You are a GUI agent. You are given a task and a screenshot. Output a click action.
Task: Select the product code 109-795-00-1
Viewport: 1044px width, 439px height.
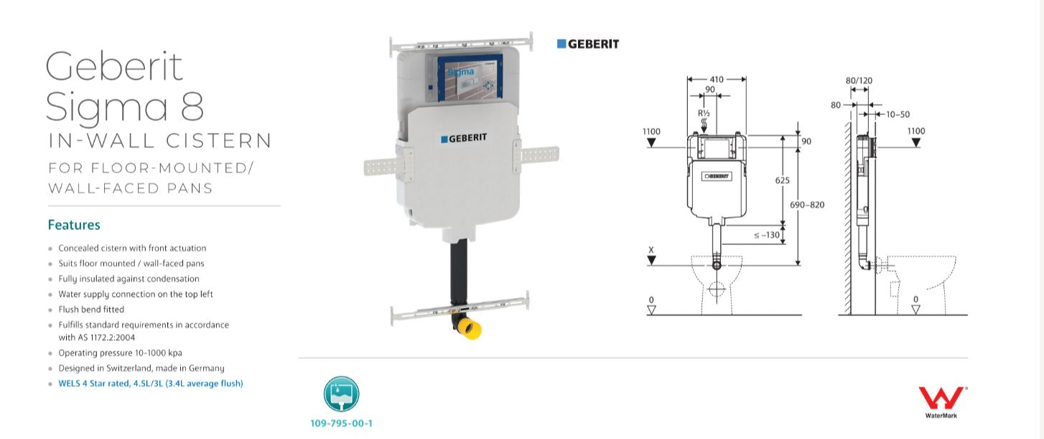coord(341,423)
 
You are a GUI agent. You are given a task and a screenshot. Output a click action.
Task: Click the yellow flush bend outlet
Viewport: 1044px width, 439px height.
coord(470,331)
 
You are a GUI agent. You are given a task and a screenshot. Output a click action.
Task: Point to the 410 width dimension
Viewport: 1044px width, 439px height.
coord(716,80)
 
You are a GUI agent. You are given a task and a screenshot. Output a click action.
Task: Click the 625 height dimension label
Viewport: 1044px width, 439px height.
coord(782,181)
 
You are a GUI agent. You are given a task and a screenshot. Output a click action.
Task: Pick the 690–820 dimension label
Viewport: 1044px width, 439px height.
coord(807,205)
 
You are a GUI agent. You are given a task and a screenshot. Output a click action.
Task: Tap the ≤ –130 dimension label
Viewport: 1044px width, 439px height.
coord(766,234)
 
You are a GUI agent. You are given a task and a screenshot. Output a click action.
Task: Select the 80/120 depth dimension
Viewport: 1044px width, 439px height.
coord(859,80)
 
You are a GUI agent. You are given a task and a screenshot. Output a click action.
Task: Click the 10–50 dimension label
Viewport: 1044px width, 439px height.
coord(898,114)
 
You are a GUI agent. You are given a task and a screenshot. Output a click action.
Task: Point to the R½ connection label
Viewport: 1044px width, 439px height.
coord(704,114)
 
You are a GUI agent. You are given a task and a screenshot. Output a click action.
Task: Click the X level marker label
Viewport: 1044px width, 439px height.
coord(651,250)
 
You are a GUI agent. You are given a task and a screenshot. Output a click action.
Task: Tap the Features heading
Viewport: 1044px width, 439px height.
coord(74,225)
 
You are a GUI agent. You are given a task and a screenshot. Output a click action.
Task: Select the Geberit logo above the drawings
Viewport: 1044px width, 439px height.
coord(588,44)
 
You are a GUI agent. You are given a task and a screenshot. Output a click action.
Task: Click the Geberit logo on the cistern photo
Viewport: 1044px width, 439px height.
coord(463,138)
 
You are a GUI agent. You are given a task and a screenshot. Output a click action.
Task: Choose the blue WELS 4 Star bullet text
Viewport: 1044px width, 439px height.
coord(151,384)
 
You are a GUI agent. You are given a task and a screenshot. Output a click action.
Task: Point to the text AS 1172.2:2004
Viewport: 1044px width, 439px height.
coord(106,337)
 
